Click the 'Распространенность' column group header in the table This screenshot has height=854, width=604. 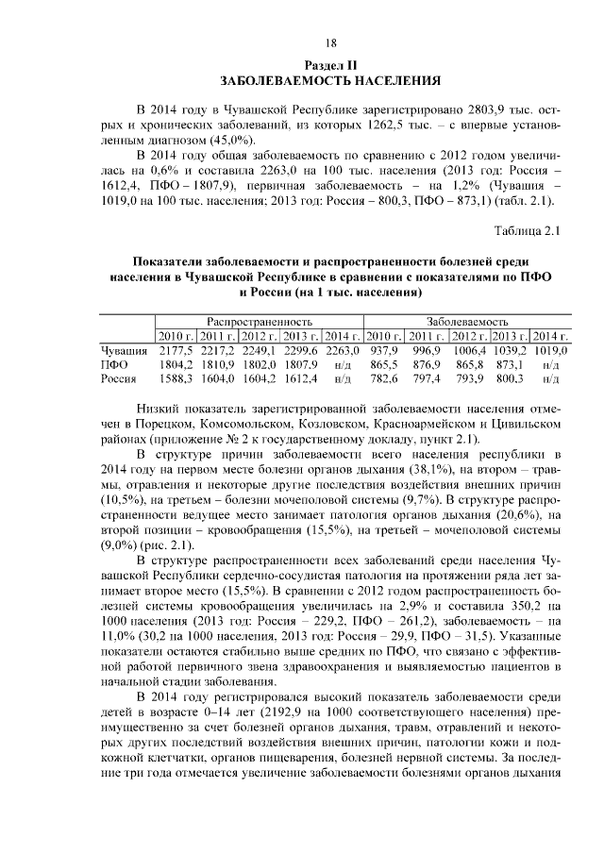[x=260, y=321]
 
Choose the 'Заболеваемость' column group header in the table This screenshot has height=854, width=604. [x=467, y=321]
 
